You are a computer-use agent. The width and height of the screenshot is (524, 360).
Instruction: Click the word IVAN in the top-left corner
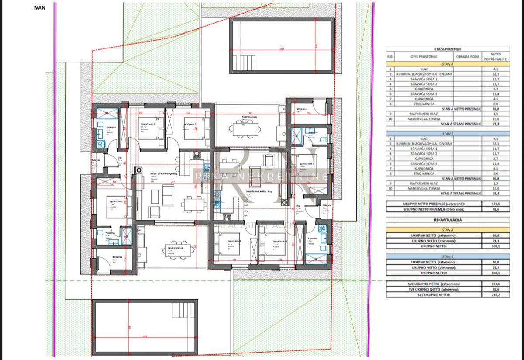coord(39,7)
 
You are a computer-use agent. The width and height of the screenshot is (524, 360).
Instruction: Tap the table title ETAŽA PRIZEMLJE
coord(447,50)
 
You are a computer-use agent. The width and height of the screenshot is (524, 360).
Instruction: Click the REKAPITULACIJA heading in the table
coord(447,220)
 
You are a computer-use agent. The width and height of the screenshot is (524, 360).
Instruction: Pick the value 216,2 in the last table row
coord(495,294)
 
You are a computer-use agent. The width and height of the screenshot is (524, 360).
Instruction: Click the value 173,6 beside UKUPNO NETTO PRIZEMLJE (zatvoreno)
coord(495,204)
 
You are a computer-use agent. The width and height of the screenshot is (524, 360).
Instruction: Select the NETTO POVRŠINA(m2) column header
coord(495,57)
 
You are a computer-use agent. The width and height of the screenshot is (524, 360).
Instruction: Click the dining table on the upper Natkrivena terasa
coord(245,129)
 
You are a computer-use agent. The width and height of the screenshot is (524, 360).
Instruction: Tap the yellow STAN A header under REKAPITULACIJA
coord(447,228)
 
